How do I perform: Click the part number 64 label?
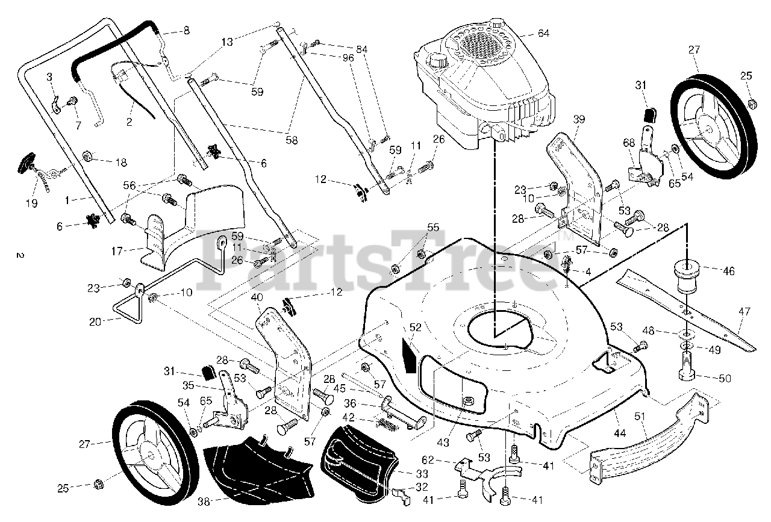[x=543, y=33]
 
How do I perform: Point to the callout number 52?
[x=415, y=328]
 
